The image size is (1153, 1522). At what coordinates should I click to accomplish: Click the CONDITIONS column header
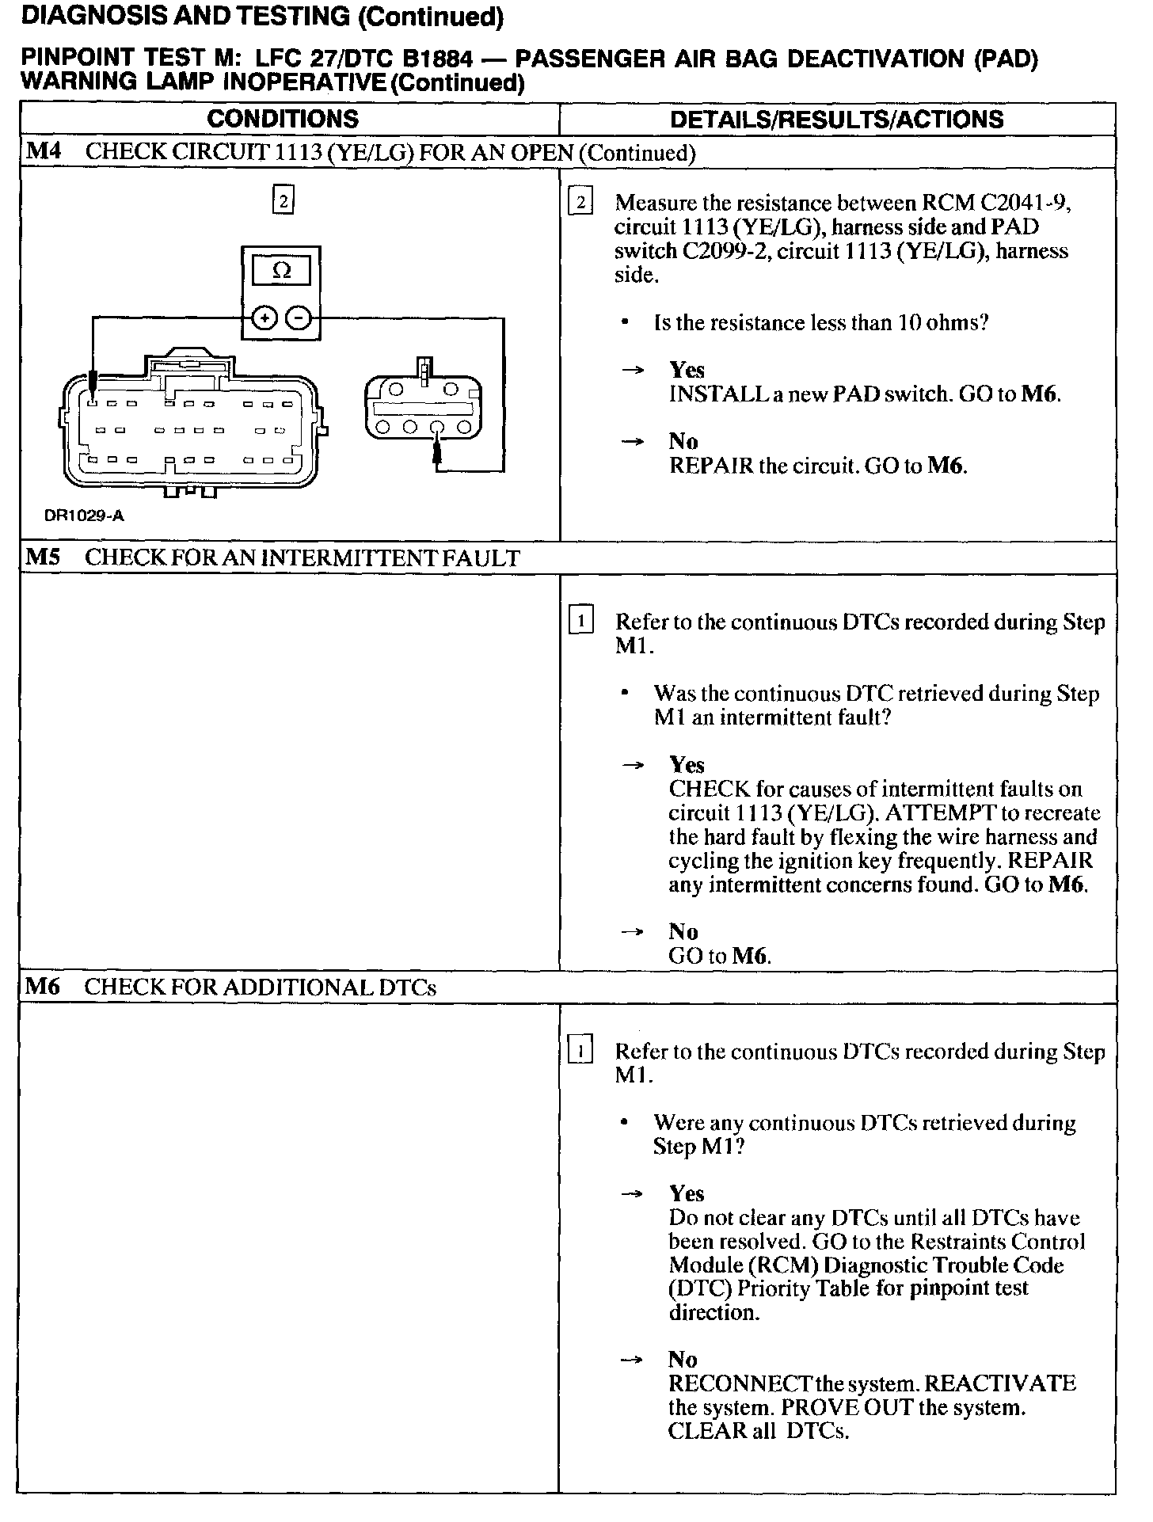(283, 120)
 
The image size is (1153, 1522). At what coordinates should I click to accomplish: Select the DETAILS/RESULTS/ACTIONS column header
(837, 120)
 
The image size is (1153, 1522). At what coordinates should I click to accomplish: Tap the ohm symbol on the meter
(281, 272)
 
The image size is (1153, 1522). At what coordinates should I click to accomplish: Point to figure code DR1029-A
(84, 516)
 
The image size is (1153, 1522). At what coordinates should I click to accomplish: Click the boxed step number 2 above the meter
(283, 200)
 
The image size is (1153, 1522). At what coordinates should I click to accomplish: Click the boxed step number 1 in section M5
(580, 621)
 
